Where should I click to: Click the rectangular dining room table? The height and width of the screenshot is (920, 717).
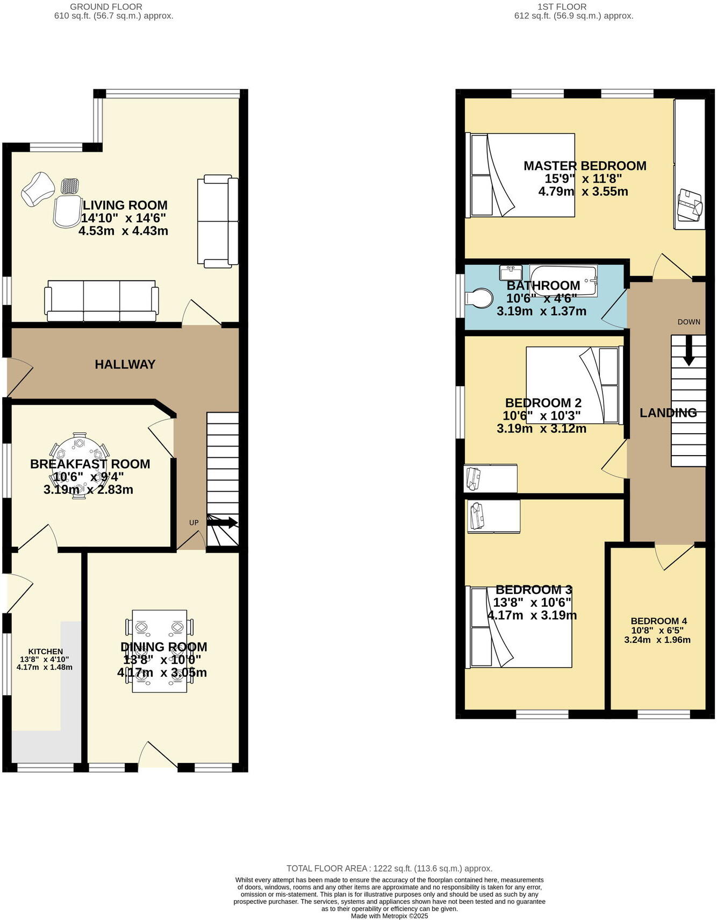160,650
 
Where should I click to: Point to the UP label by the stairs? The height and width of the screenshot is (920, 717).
193,522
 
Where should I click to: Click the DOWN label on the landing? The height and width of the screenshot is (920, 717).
689,322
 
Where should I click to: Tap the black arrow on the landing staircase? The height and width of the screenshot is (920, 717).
687,355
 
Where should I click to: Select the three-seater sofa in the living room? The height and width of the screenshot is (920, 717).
102,301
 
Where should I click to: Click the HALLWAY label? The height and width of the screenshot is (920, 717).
125,364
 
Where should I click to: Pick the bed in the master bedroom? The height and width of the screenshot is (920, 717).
520,175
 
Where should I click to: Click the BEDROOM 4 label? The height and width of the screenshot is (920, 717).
658,620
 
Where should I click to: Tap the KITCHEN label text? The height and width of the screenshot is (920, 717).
46,651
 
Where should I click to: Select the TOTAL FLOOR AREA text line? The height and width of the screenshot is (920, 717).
389,868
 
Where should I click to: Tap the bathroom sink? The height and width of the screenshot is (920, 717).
510,270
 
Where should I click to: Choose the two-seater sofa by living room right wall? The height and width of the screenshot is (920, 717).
218,221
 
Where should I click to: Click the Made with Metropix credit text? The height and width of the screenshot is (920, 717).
389,916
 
